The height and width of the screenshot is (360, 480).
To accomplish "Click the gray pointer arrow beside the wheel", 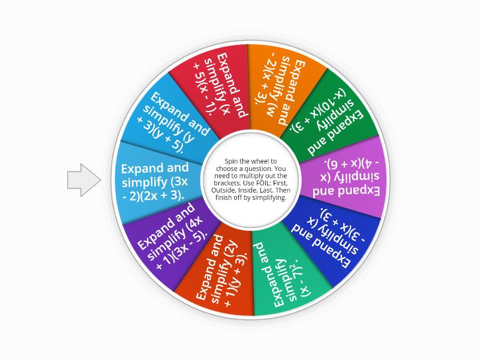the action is [x=84, y=180].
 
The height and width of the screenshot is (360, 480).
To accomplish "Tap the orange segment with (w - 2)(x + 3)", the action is [x=281, y=89].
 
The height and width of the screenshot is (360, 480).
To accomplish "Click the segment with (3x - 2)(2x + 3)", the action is [x=156, y=182].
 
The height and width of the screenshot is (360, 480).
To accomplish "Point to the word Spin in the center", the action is [x=230, y=161].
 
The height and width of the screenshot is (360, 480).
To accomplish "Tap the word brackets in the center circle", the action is [x=225, y=183].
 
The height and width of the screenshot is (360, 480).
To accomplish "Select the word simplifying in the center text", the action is [x=271, y=198].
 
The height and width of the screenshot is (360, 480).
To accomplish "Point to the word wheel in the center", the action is [x=260, y=161].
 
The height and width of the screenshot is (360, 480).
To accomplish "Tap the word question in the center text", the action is [x=258, y=169].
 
